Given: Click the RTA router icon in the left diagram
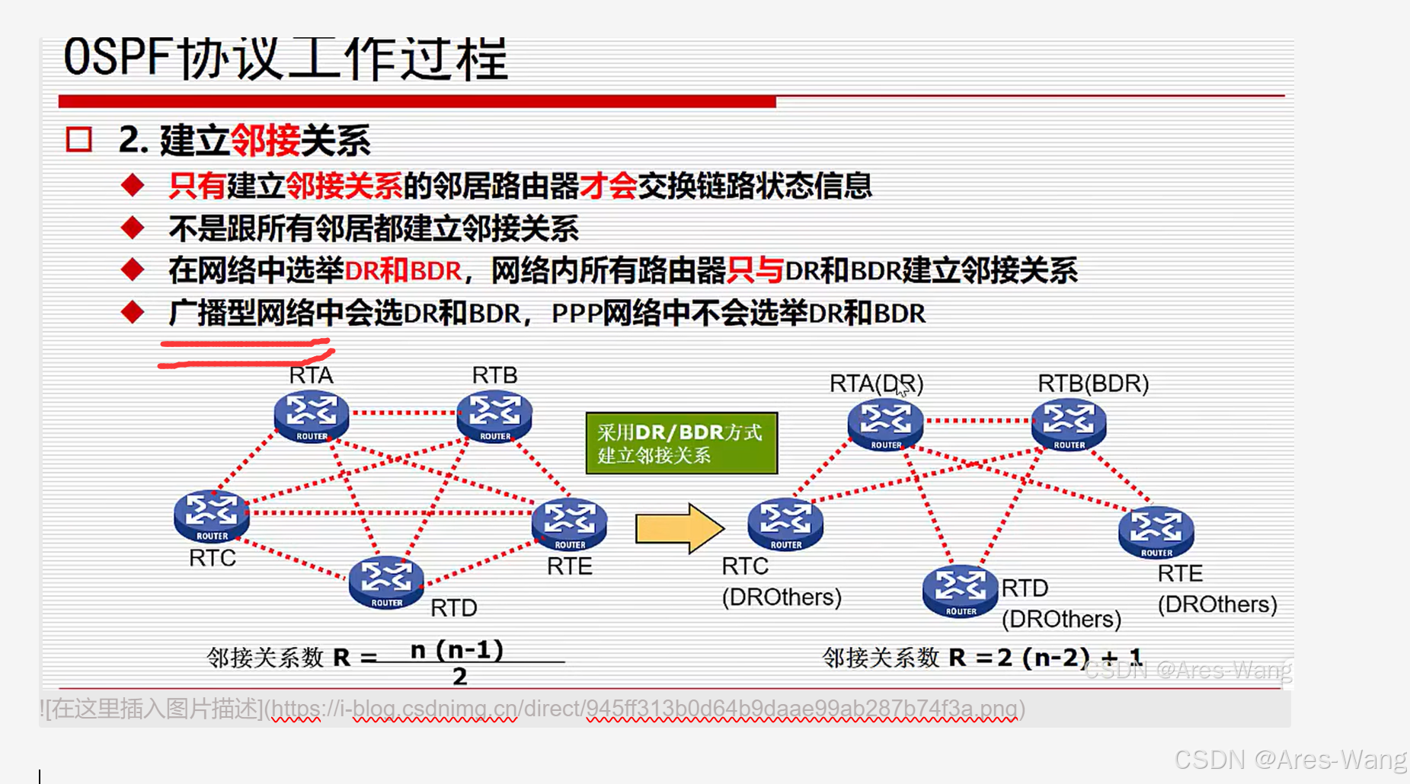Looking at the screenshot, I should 312,416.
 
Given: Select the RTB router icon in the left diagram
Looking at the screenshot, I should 494,416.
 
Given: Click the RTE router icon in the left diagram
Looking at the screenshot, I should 570,524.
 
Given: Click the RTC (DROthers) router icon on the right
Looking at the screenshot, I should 785,524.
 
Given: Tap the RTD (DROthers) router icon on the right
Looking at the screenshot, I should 961,591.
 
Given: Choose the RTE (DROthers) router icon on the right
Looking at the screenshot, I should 1156,531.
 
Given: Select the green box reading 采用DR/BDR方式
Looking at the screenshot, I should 682,443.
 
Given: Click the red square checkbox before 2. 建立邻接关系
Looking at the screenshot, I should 79,140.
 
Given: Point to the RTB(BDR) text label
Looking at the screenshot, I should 1093,383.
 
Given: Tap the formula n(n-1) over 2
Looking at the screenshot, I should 458,661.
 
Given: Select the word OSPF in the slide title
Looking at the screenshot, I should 117,58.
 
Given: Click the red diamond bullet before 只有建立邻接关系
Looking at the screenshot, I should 133,185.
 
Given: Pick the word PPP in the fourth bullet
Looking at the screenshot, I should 576,314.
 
